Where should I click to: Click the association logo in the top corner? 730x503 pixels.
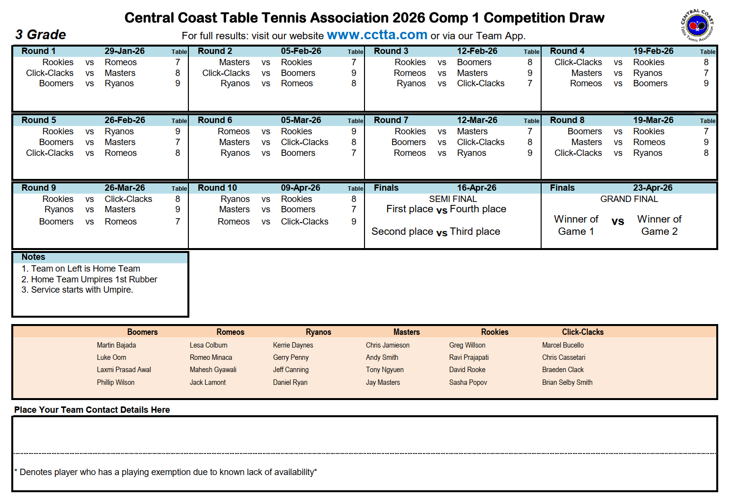(697, 25)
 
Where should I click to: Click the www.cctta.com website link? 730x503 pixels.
(377, 35)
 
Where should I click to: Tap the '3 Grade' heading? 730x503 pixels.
(41, 35)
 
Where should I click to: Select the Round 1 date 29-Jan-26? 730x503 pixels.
(125, 51)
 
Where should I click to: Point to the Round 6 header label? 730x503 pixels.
(215, 120)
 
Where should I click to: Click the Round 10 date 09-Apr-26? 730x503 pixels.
(300, 188)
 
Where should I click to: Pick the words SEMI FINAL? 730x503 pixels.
(453, 199)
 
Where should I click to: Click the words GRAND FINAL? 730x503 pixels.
(629, 199)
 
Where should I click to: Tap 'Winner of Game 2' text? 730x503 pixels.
(659, 225)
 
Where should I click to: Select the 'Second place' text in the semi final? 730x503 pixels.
(402, 231)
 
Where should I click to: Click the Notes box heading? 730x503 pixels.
(33, 257)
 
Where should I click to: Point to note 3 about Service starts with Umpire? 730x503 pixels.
(78, 290)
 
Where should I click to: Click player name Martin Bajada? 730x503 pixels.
(116, 345)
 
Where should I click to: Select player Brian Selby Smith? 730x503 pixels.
(567, 382)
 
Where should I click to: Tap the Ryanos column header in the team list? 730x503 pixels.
(318, 332)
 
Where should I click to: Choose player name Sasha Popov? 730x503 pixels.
(468, 382)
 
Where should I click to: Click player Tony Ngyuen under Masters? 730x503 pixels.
(385, 370)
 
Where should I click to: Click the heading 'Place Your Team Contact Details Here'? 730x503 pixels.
(92, 410)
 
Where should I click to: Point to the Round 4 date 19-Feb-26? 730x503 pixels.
(653, 51)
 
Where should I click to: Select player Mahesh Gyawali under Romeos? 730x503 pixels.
(213, 370)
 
